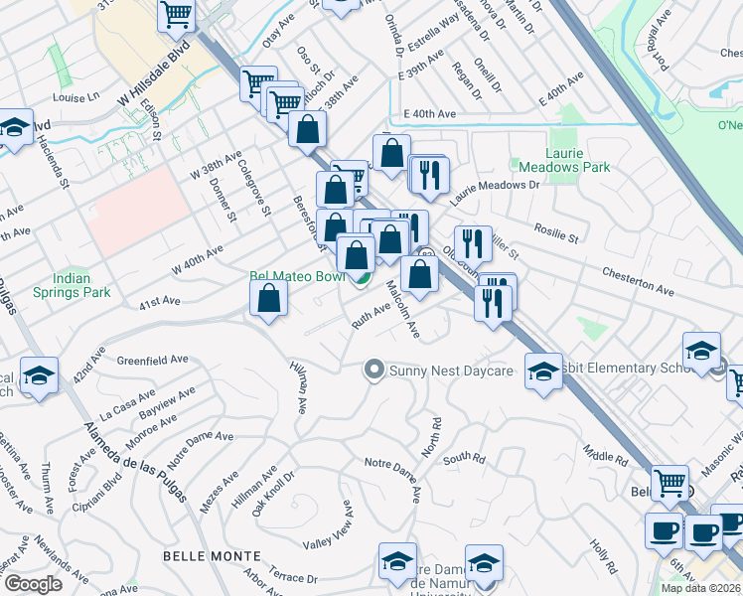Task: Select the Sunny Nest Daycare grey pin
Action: click(373, 371)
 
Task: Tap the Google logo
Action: click(33, 584)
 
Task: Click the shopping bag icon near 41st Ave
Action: click(269, 297)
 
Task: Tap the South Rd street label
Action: click(464, 459)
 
